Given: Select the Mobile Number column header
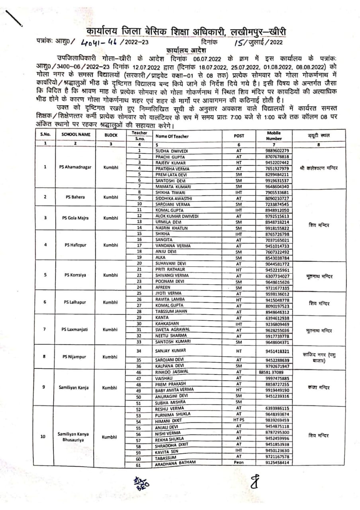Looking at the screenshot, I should pyautogui.click(x=274, y=135).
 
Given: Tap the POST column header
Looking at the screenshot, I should pyautogui.click(x=239, y=135).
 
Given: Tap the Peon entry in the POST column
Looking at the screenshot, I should pyautogui.click(x=239, y=463).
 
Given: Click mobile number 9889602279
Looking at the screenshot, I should pyautogui.click(x=277, y=151).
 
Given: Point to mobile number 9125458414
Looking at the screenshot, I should pyautogui.click(x=277, y=463).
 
